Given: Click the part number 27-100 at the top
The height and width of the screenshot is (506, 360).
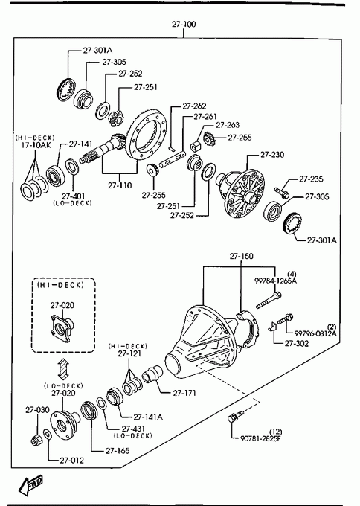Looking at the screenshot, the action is (x=184, y=25).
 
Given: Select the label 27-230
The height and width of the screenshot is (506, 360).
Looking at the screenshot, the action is (x=272, y=155).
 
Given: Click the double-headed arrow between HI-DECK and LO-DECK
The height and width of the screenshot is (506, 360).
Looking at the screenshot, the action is (x=63, y=370).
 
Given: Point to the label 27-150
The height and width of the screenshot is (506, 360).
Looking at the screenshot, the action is (x=241, y=256).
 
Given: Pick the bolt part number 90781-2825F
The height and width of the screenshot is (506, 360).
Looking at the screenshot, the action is (x=260, y=438).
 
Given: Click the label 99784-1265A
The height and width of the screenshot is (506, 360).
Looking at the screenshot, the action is (x=275, y=281).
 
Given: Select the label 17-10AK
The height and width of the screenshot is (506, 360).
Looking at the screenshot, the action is (x=36, y=145).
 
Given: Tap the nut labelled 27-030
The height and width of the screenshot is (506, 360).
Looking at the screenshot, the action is (x=36, y=440).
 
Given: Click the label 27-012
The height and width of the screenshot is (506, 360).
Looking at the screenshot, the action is (x=71, y=461).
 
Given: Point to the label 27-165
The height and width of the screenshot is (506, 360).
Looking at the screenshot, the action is (x=118, y=450).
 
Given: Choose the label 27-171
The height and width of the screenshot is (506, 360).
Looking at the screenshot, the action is (x=184, y=393).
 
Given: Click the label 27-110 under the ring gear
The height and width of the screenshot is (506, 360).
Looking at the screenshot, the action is (x=120, y=185).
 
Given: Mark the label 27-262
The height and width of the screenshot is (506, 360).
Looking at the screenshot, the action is (x=194, y=106).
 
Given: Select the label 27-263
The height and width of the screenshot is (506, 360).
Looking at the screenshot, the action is (x=228, y=125).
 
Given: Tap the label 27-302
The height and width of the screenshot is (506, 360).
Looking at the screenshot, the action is (x=297, y=343).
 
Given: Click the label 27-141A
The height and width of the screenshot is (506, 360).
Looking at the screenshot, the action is (x=148, y=417).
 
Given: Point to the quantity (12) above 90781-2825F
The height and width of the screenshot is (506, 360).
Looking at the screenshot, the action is (x=275, y=432).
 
